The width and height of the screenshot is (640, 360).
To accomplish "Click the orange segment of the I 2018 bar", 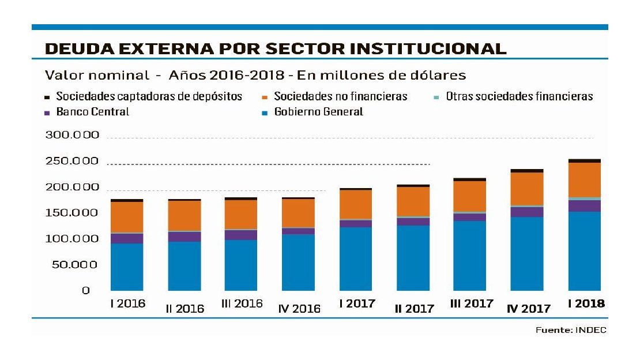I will [x=584, y=180].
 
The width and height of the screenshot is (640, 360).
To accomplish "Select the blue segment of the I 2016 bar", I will [x=127, y=267].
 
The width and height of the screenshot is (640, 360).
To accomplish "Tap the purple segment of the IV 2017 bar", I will [x=527, y=212].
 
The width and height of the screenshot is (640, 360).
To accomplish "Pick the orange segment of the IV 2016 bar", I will [x=298, y=213].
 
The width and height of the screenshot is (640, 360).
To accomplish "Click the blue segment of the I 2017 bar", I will [x=355, y=258].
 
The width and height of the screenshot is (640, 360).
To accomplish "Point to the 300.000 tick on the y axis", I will [x=72, y=135].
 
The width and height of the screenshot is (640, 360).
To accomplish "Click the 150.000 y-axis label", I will [x=72, y=213].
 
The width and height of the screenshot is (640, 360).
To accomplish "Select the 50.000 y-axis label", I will [x=75, y=265].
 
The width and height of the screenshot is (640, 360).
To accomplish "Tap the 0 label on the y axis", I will [x=85, y=291].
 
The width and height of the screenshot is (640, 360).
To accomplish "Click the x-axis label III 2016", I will [x=242, y=303].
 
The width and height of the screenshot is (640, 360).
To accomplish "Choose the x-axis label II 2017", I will [x=413, y=309].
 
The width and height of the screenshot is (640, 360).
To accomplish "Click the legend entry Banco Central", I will [x=92, y=112].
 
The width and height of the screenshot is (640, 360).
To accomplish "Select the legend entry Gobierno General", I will [x=318, y=112].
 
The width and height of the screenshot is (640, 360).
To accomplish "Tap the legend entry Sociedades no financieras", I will [x=340, y=96].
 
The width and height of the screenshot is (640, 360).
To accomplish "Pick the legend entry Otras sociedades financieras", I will [x=519, y=96].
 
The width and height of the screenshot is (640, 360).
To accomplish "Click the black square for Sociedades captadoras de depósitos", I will [x=47, y=97].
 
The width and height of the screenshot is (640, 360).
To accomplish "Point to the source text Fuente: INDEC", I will [x=571, y=331].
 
